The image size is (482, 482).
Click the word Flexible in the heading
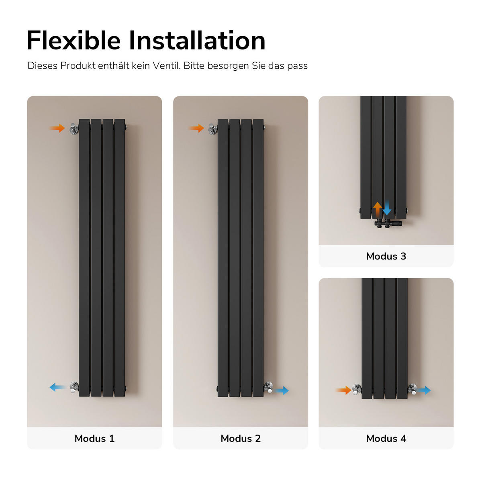point(74,41)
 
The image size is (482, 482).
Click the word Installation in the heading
point(197,41)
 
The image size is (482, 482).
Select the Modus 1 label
point(94,439)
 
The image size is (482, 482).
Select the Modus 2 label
point(241,439)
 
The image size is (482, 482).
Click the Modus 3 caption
point(386,256)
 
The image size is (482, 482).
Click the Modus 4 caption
point(386,439)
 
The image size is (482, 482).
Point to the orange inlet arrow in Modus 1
point(57,128)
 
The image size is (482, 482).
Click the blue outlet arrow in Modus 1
point(57,388)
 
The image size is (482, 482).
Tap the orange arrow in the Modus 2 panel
point(196,128)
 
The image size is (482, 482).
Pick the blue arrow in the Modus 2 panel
point(281,390)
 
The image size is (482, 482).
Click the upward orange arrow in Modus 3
point(377,209)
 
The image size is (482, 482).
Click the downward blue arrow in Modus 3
point(387,208)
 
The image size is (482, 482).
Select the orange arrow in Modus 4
point(343,390)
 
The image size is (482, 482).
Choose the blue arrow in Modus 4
point(423,390)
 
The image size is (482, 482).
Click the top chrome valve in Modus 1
point(74,129)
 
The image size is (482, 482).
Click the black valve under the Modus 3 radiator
point(388,223)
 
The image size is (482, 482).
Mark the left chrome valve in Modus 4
point(357,389)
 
